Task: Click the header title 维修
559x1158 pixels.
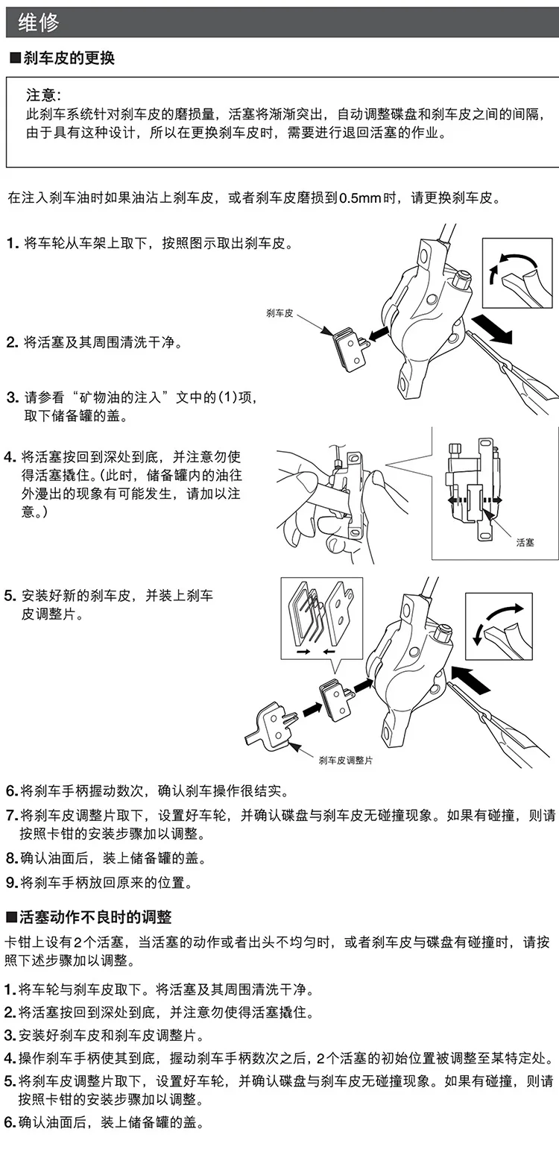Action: [x=38, y=23]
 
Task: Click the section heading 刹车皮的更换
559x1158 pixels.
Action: [x=69, y=58]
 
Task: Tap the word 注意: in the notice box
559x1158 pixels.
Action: [x=44, y=95]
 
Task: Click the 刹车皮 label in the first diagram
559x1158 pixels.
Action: [x=279, y=313]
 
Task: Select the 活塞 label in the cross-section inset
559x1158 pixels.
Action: [x=525, y=542]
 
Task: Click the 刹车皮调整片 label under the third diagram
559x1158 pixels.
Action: [x=346, y=761]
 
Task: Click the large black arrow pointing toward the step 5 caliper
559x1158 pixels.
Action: [x=471, y=679]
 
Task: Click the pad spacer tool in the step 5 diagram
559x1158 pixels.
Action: [x=271, y=724]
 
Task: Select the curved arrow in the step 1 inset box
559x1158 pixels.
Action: [x=511, y=265]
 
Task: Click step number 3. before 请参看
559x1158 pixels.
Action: [x=13, y=397]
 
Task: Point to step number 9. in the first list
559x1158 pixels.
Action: [x=12, y=882]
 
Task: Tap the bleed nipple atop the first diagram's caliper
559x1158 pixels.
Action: [x=462, y=280]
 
